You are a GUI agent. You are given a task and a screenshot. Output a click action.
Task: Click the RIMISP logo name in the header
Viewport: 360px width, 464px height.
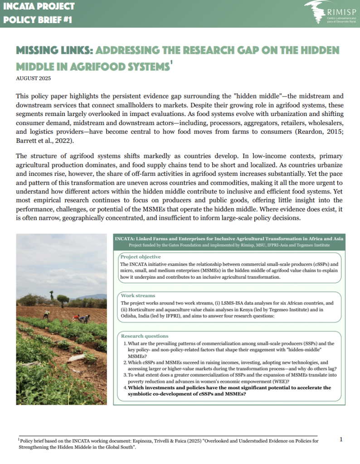(340, 13)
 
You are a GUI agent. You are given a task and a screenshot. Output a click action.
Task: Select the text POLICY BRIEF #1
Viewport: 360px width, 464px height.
(37, 20)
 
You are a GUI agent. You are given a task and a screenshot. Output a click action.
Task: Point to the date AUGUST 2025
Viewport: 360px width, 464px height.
(33, 78)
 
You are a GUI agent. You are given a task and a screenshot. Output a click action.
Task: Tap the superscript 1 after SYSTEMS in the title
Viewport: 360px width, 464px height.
(170, 63)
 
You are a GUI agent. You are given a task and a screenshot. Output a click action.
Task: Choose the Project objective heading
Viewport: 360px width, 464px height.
(140, 257)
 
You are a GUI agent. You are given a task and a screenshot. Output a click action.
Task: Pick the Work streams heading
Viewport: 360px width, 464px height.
(138, 295)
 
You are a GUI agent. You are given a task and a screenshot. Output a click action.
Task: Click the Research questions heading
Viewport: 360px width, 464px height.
(144, 336)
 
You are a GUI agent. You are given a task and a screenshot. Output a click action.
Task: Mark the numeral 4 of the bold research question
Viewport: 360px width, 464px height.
(125, 388)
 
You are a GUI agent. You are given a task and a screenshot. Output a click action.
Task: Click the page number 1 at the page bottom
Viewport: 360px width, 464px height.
(341, 439)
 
